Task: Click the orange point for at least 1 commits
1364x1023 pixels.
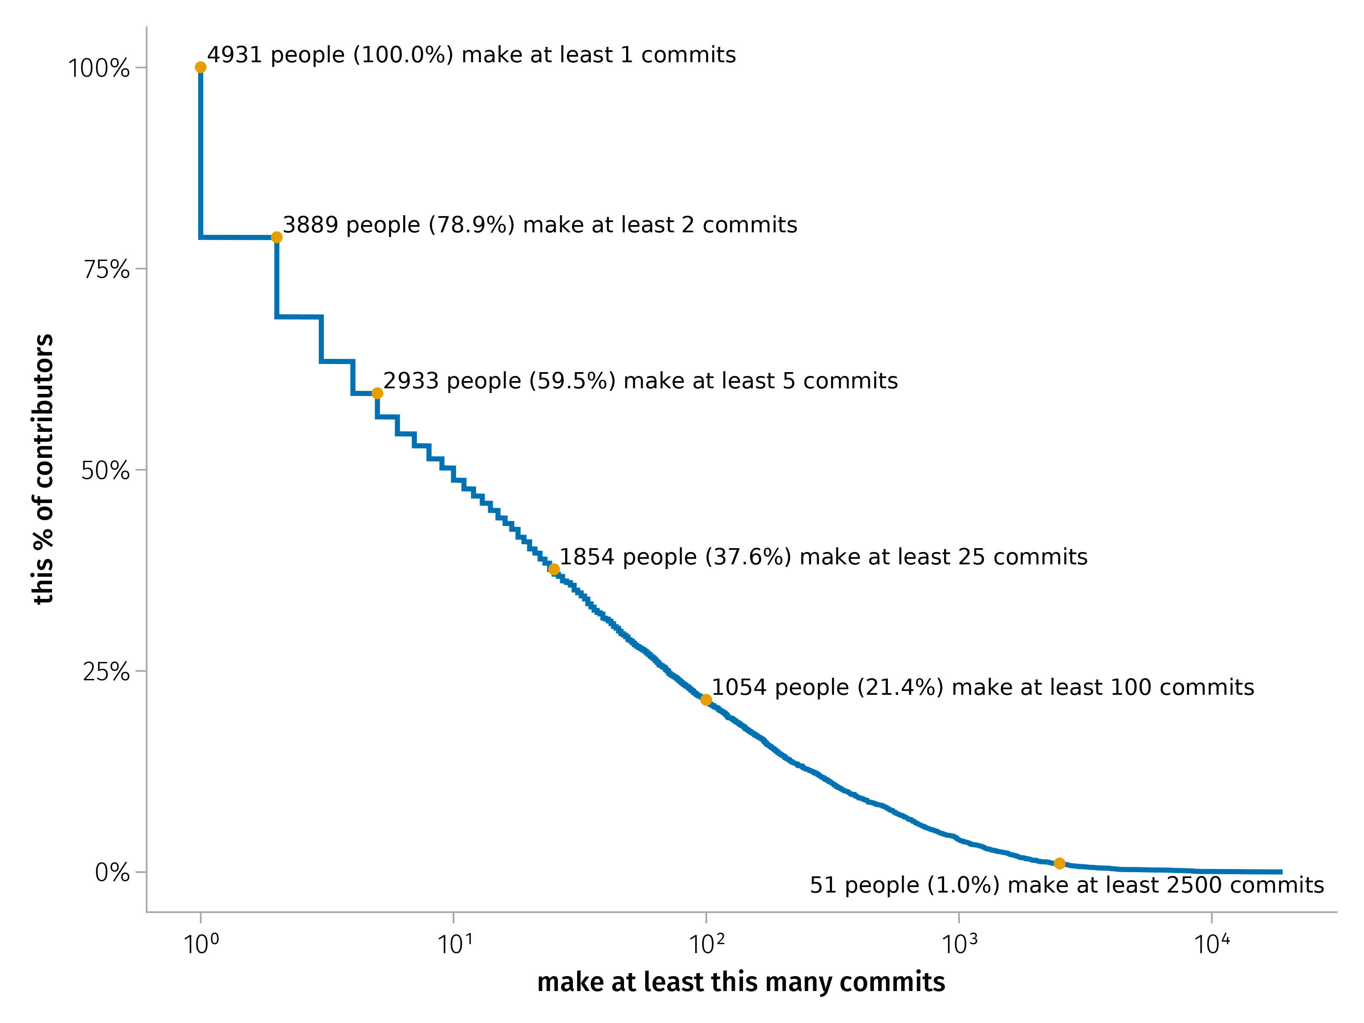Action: (200, 67)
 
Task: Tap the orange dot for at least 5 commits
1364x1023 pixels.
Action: (377, 393)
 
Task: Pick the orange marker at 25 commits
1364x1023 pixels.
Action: (554, 569)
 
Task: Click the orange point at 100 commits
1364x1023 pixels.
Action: (706, 700)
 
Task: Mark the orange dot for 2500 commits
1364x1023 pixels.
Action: (1059, 863)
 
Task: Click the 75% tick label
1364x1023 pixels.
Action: (107, 269)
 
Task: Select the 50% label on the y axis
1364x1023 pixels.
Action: (105, 471)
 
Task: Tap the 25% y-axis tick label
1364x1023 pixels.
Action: (106, 671)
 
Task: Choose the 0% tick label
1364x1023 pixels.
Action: (112, 873)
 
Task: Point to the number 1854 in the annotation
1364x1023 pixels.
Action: (587, 557)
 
